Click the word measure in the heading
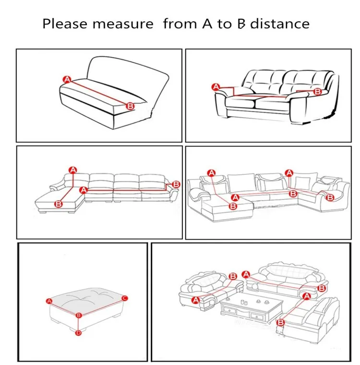(127, 24)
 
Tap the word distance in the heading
(281, 24)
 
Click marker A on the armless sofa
(67, 79)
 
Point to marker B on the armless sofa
(129, 106)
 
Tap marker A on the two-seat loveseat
(216, 87)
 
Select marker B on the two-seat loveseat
(317, 91)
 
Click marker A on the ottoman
(48, 301)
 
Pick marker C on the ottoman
(125, 298)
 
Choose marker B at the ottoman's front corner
(79, 315)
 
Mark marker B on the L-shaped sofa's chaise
(59, 204)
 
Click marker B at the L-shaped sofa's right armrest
(176, 184)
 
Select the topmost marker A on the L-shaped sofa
(73, 169)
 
